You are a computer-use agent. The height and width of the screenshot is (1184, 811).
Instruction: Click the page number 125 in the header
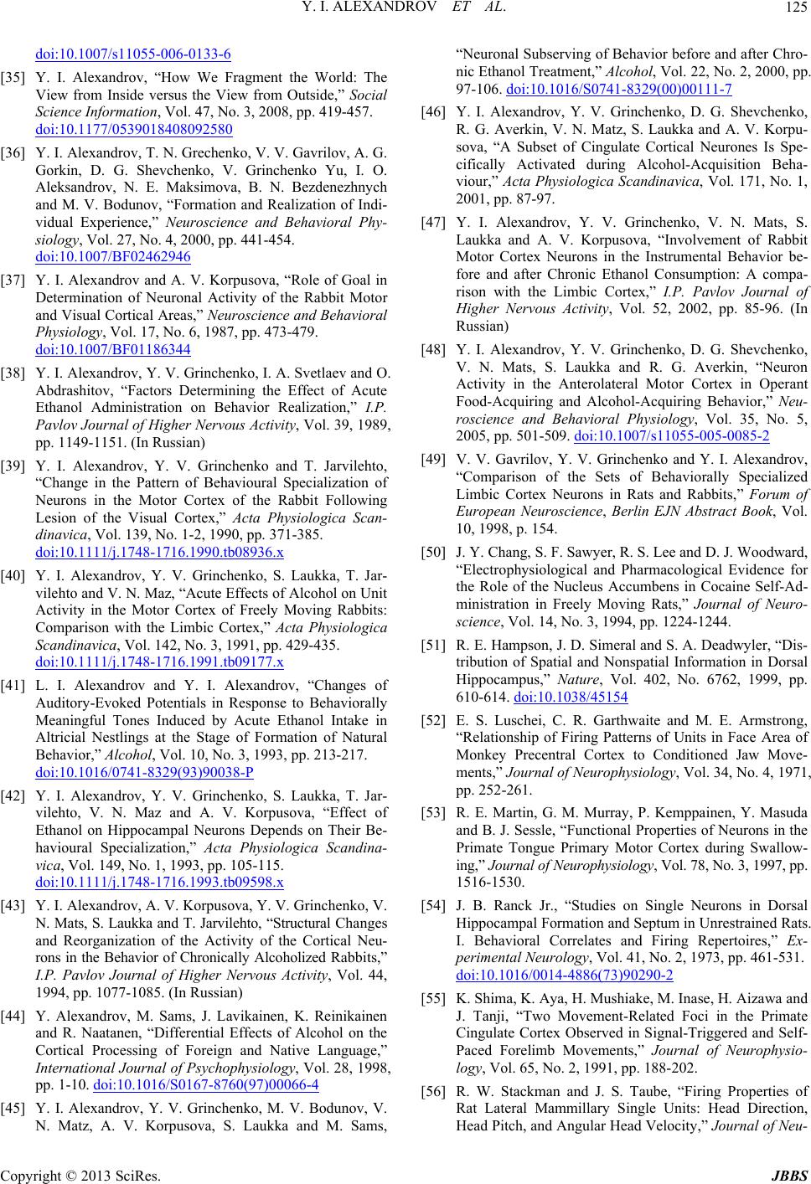793,11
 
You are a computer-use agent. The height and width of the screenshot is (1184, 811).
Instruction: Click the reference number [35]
22,77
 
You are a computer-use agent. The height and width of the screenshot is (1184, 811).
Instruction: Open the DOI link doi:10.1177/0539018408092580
135,129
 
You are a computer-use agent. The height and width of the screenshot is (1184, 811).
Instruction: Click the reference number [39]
22,466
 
